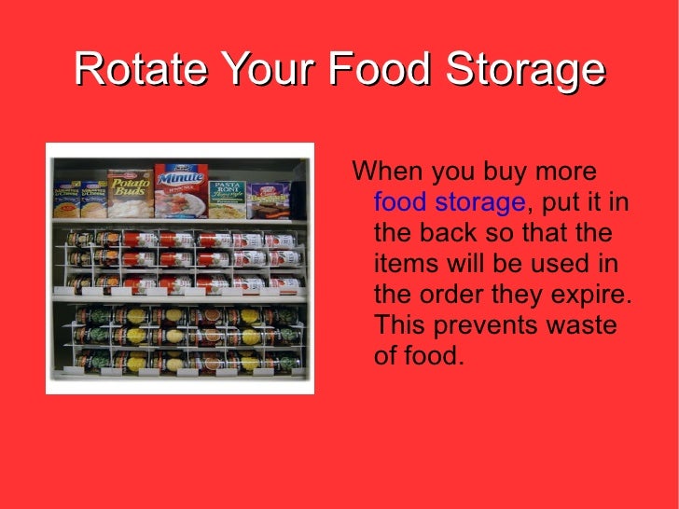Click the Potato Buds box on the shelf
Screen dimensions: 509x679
point(129,195)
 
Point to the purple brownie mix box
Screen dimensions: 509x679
point(268,199)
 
